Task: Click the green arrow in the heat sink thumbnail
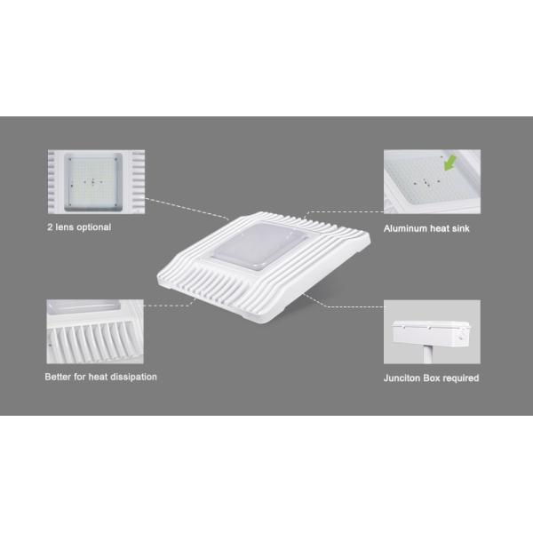click(x=449, y=163)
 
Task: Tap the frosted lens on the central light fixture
click(x=260, y=246)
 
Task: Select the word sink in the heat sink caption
click(x=460, y=228)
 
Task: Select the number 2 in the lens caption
click(x=50, y=227)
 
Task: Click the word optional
click(x=94, y=227)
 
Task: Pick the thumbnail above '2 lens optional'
click(x=96, y=181)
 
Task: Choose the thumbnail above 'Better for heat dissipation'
click(x=95, y=331)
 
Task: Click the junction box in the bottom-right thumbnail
click(x=432, y=332)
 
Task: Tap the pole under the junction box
click(x=428, y=354)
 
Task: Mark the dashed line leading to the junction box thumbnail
click(x=342, y=304)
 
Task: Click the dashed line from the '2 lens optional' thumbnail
click(x=187, y=209)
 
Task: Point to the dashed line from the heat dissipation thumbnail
click(x=170, y=305)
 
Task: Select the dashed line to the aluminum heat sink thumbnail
click(x=344, y=211)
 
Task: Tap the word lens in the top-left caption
click(x=65, y=227)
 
